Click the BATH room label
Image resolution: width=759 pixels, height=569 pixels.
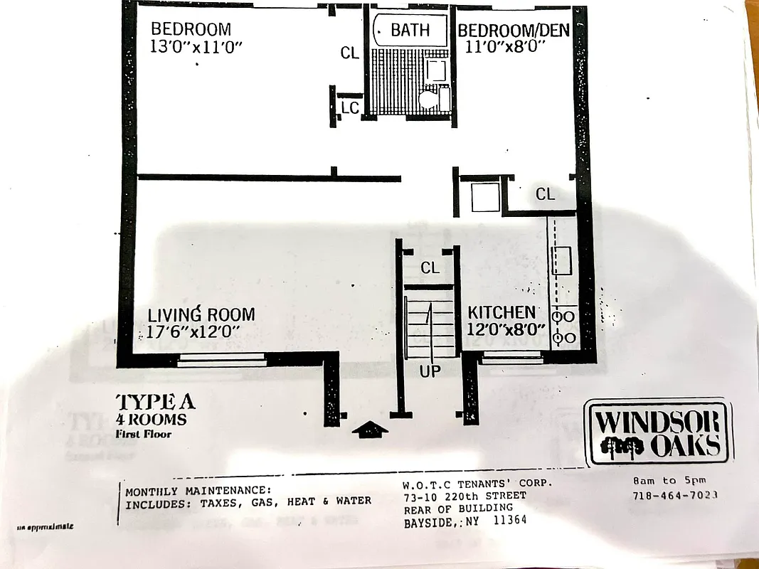click(x=410, y=30)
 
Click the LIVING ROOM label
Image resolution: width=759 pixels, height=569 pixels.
click(x=201, y=314)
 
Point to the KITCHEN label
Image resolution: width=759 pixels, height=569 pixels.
click(x=501, y=312)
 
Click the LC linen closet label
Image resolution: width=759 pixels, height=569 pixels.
click(x=350, y=107)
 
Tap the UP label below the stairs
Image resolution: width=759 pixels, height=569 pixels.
click(x=430, y=371)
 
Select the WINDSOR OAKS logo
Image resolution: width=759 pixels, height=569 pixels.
click(x=658, y=433)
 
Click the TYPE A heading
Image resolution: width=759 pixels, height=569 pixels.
click(x=154, y=402)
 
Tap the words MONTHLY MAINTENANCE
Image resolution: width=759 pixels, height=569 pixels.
click(x=198, y=490)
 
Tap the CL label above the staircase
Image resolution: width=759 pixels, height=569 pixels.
click(x=430, y=268)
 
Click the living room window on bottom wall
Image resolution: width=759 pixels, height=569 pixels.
click(x=221, y=361)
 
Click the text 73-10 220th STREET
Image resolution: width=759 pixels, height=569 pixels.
click(x=465, y=495)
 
